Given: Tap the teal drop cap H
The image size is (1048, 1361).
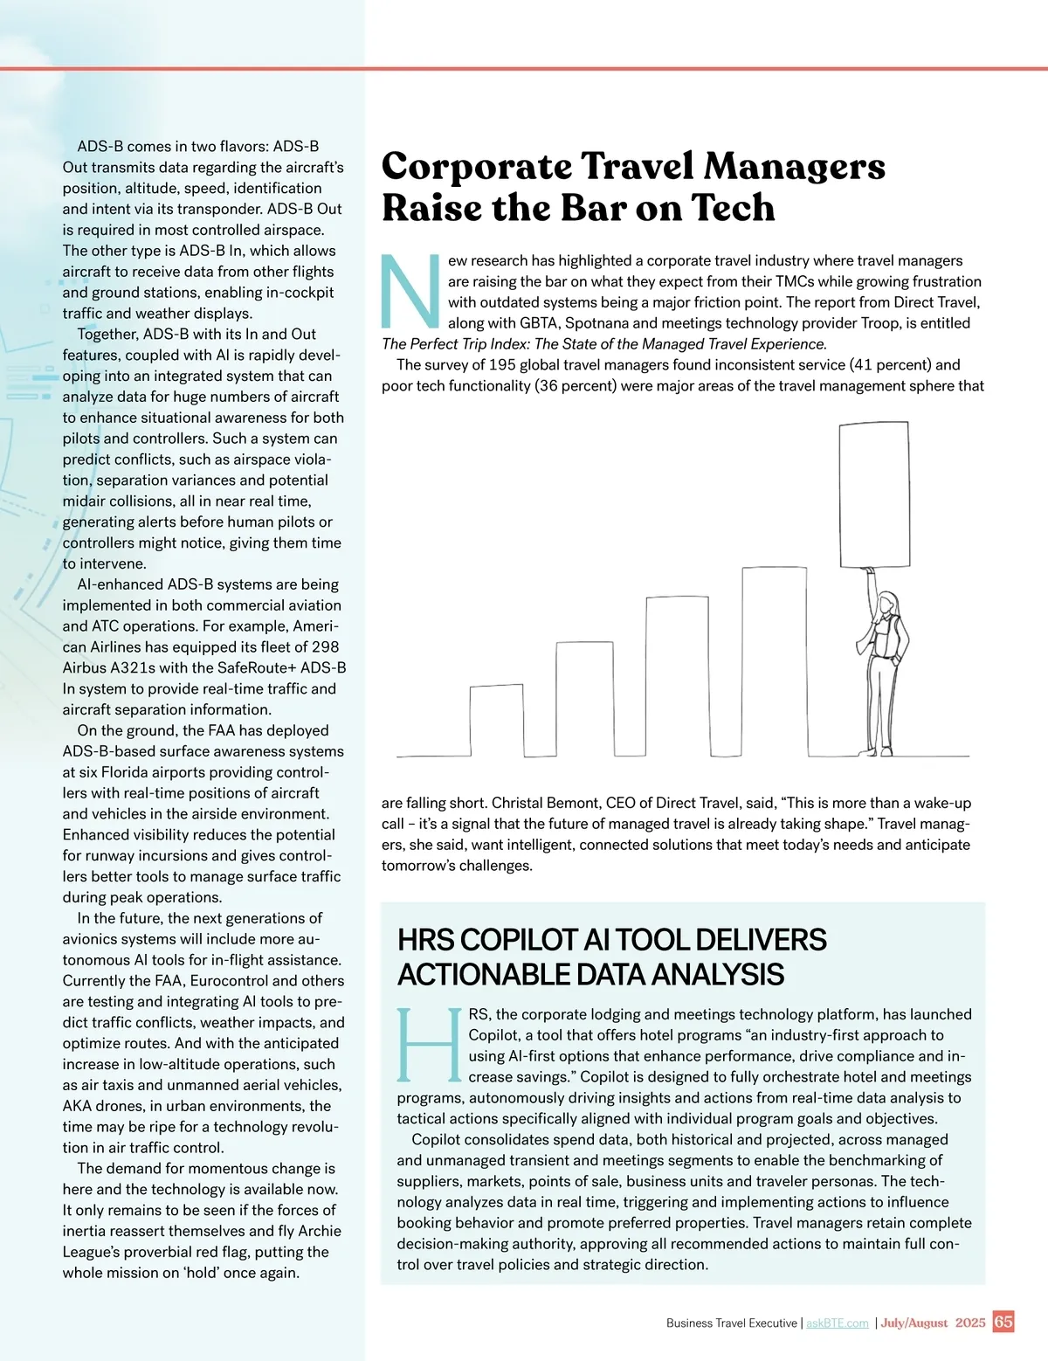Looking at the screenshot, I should (429, 1046).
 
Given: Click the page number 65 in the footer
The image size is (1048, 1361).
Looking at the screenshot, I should (1003, 1322).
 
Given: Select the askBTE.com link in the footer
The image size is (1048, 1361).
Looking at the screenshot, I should (837, 1323).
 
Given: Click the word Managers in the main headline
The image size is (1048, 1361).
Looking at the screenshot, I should (794, 166).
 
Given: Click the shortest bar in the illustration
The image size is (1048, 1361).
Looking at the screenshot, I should (496, 720).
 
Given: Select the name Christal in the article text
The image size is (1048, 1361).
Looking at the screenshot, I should (519, 803).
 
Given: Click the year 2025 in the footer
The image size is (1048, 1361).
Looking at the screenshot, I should (970, 1323).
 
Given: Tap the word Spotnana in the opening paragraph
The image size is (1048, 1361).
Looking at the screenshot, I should (596, 323).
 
